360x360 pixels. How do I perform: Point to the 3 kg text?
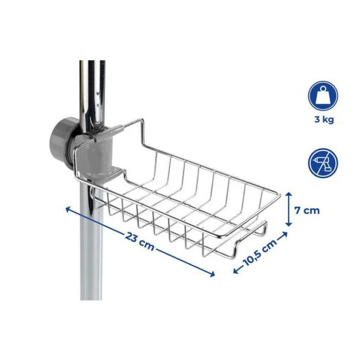tap(323, 120)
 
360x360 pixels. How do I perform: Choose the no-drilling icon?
tap(323, 162)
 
